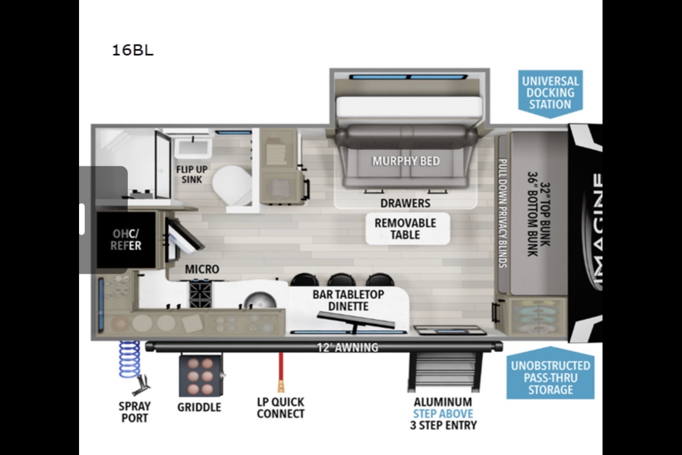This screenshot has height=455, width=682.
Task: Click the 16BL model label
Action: coord(133,50)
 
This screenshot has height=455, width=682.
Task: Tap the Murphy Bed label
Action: coord(406,161)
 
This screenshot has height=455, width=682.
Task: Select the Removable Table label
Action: coord(405,229)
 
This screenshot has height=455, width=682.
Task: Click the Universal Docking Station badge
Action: coord(551,93)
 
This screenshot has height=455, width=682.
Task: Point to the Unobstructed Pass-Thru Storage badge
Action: coord(551,374)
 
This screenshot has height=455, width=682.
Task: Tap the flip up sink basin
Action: coord(193,149)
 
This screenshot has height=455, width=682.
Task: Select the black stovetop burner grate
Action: coord(200,295)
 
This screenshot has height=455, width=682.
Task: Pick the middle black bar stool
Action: coord(341,280)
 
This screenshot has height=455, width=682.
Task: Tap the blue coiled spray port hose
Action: coord(129,359)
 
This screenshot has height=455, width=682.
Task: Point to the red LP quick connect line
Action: coord(281,372)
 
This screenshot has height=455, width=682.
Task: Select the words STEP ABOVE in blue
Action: coord(443,414)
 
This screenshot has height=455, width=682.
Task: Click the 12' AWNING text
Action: coord(348,347)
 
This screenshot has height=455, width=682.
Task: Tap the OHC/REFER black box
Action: coord(127,240)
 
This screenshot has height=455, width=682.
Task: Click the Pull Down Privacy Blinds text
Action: coord(502,213)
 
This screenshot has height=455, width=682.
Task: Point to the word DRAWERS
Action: coord(405,203)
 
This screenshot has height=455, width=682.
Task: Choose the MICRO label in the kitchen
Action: coord(202,269)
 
